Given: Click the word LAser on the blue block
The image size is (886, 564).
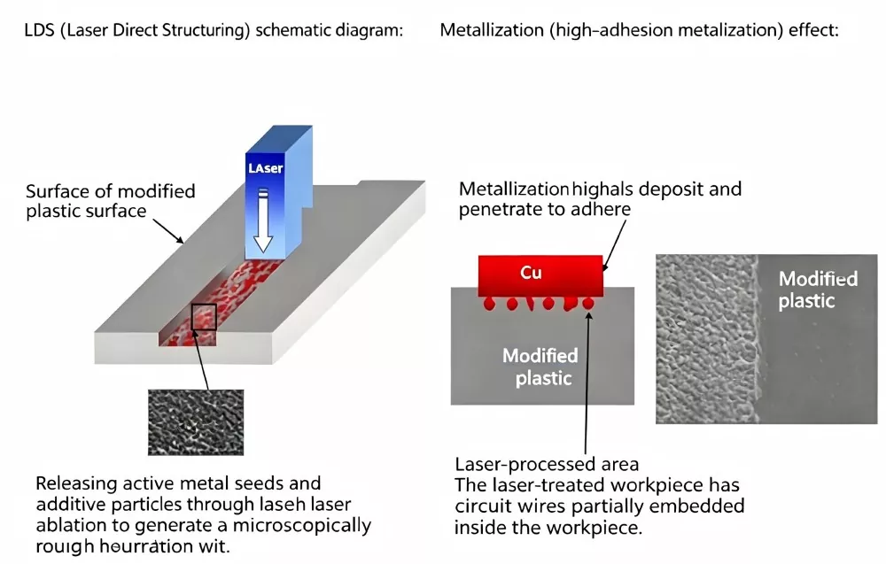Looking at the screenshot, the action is pos(265,168).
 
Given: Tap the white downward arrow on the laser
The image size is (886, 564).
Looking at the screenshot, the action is pos(263,220).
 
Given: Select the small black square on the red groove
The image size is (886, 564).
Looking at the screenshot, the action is pos(204,317).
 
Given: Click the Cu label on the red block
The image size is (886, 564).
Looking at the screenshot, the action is pos(531,273).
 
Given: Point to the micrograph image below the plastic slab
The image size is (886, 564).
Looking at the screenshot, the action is pos(196,422).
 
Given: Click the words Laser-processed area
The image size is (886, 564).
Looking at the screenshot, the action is pos(547,464).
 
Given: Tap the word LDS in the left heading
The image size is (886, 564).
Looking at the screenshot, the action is pos(39,30).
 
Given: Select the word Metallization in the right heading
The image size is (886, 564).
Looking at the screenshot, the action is pos(492,30).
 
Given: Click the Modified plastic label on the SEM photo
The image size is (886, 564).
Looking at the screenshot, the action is pos(818,290).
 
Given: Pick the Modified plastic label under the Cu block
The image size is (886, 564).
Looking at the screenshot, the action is pos(541,367).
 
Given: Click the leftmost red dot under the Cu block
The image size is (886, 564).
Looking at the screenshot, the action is pos(489,304).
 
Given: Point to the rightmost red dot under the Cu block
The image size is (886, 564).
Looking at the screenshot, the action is pos(588,304).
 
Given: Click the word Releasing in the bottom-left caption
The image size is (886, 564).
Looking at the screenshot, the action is pos(75,483).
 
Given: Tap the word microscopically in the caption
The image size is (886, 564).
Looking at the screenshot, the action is pos(302,526).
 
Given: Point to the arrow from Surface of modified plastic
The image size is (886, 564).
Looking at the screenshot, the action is pos(168,231).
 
